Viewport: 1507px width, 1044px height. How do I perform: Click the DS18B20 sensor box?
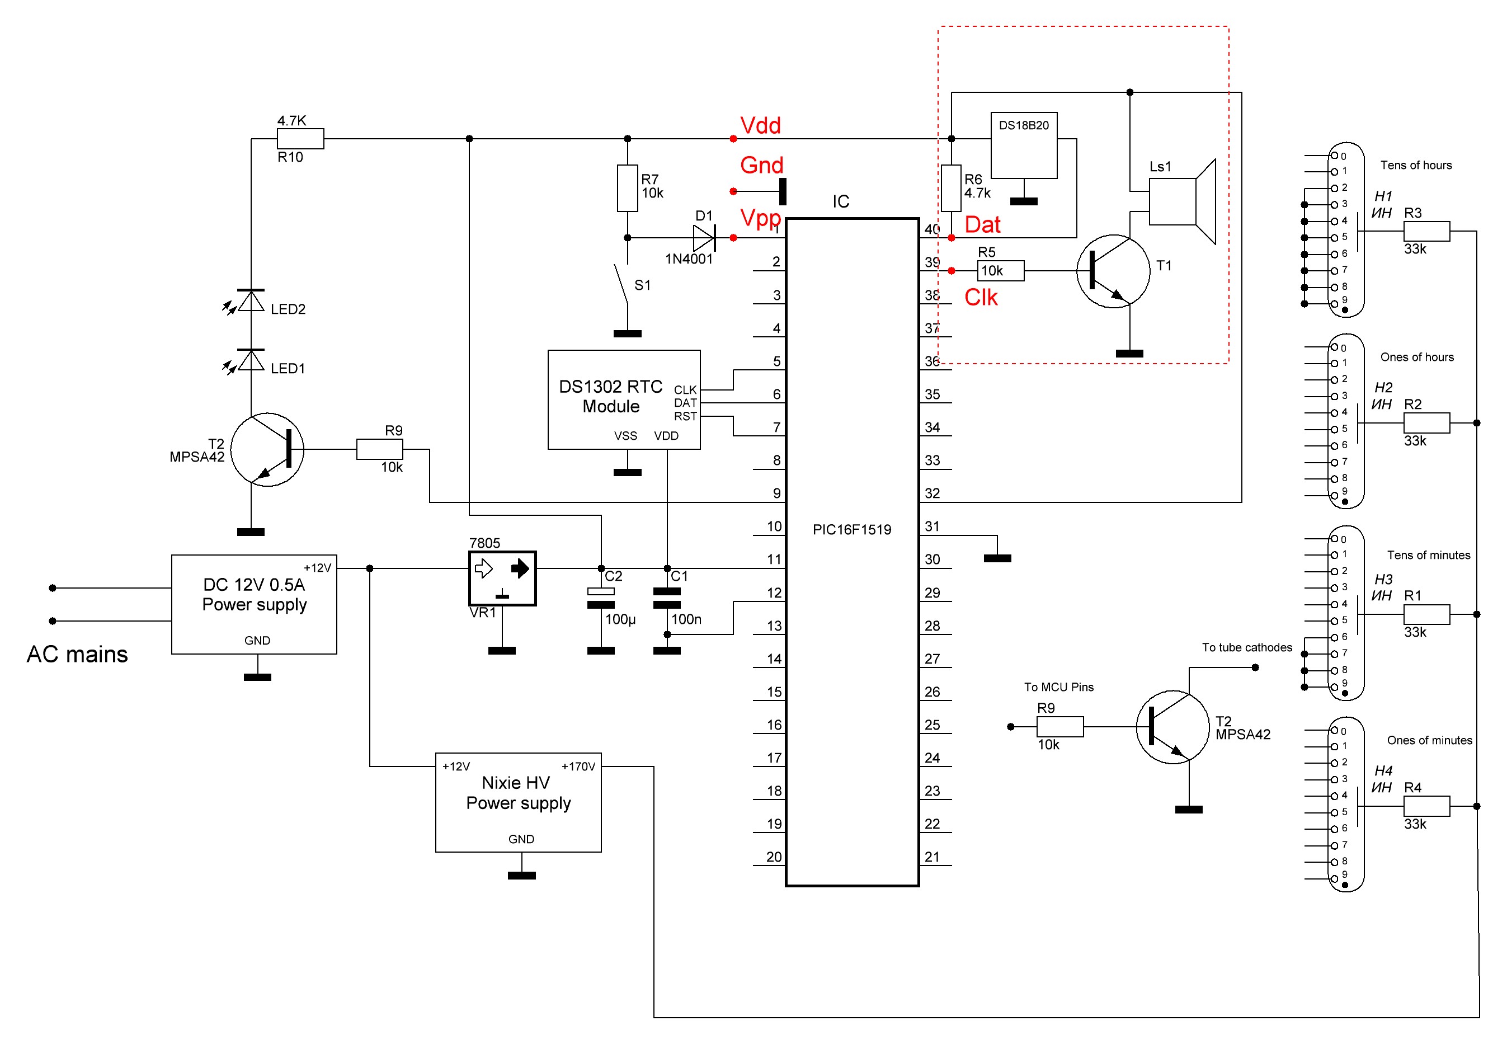pyautogui.click(x=1023, y=145)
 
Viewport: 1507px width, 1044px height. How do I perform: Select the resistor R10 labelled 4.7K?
pyautogui.click(x=300, y=139)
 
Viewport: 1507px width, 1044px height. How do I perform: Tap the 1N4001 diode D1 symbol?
pyautogui.click(x=704, y=237)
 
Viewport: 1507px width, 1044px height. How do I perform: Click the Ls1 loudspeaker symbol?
pyautogui.click(x=1181, y=201)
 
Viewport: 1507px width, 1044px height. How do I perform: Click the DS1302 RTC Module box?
pyautogui.click(x=623, y=399)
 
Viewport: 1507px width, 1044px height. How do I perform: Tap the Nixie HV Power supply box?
pyautogui.click(x=517, y=801)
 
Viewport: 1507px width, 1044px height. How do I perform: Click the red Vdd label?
pyautogui.click(x=760, y=125)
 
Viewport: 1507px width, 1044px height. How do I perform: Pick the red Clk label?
pyautogui.click(x=980, y=298)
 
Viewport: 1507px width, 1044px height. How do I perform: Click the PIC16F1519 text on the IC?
pyautogui.click(x=851, y=529)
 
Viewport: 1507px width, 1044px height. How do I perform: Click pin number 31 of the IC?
pyautogui.click(x=931, y=526)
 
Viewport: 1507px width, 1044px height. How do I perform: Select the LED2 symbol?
pyautogui.click(x=251, y=301)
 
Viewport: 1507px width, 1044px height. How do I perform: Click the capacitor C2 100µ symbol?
pyautogui.click(x=600, y=598)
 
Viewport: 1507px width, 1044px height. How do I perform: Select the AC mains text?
pyautogui.click(x=77, y=654)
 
